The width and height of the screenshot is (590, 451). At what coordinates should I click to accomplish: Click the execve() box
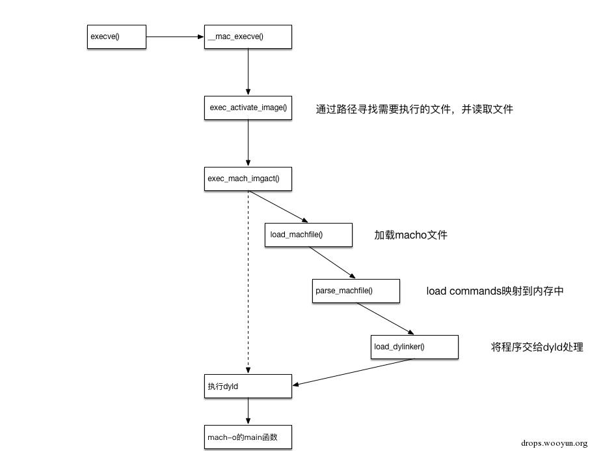pos(116,37)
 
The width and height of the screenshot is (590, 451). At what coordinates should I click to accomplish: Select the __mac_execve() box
pos(248,37)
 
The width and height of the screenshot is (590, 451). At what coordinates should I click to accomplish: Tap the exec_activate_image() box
pos(248,108)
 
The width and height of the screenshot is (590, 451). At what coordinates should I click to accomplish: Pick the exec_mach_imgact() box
pos(248,179)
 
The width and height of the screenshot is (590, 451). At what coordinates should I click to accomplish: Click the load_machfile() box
pos(308,235)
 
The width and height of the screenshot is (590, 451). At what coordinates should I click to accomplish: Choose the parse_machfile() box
pos(356,291)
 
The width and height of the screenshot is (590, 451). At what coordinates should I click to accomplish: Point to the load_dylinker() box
pos(415,347)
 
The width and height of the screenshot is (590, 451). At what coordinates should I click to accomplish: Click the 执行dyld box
pos(248,386)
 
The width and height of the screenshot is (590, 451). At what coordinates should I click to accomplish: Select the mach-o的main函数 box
pos(248,437)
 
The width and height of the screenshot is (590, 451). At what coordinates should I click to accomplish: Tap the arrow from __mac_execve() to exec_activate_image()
pos(248,72)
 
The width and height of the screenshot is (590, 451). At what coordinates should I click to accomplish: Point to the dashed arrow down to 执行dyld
pos(248,280)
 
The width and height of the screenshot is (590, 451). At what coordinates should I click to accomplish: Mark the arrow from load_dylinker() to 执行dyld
pos(355,371)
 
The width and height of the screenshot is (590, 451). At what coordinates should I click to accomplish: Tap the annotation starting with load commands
pos(494,291)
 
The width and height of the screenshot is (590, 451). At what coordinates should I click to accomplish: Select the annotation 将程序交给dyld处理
pos(537,347)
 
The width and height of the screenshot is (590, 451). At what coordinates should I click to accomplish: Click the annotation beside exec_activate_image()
pos(414,109)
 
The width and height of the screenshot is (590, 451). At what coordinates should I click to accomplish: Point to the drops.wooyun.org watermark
pos(554,442)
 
